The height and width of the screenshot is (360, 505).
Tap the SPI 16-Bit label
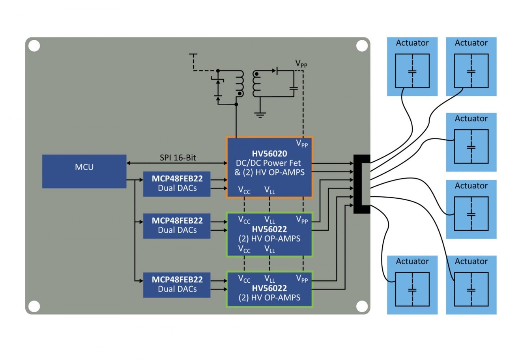pyautogui.click(x=178, y=158)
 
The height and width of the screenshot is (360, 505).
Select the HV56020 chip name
pyautogui.click(x=270, y=154)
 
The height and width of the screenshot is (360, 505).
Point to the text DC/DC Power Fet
pyautogui.click(x=270, y=163)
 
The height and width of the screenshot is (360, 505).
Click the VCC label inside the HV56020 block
pyautogui.click(x=244, y=190)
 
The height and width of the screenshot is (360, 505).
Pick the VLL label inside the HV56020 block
pyautogui.click(x=269, y=190)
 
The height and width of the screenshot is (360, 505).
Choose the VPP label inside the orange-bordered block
pyautogui.click(x=302, y=144)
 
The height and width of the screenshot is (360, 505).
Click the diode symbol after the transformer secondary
pyautogui.click(x=277, y=71)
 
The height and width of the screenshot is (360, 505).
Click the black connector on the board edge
pyautogui.click(x=361, y=184)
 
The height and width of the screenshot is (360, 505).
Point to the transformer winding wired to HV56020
pyautogui.click(x=239, y=84)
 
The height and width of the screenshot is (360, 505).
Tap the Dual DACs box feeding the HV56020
pyautogui.click(x=177, y=184)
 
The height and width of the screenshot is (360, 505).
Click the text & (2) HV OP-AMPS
pyautogui.click(x=270, y=172)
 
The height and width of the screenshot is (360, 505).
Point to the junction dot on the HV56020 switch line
pyautogui.click(x=236, y=104)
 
